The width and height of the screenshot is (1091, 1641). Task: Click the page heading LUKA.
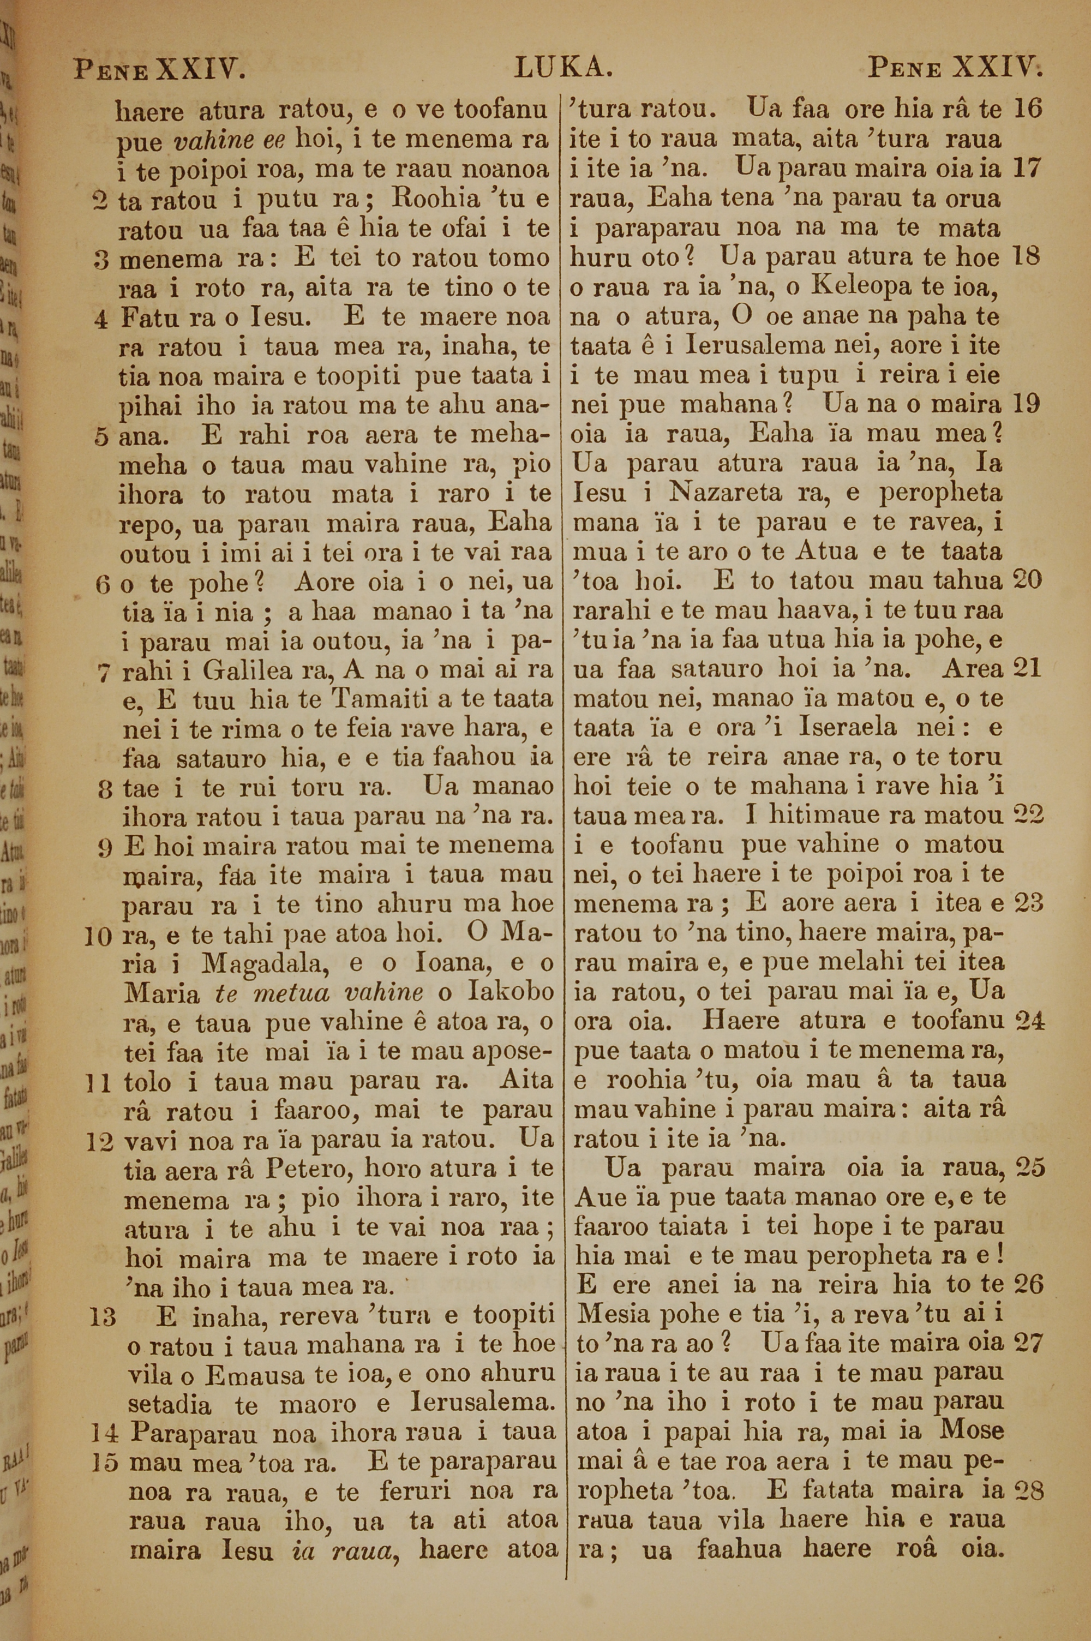(563, 68)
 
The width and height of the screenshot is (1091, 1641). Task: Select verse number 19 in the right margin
(1028, 404)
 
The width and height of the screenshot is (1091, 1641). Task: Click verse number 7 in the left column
(103, 671)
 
